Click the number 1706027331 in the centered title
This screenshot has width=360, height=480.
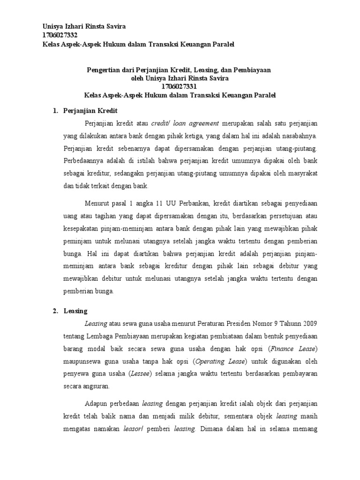180,86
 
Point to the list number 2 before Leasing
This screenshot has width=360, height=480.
54,311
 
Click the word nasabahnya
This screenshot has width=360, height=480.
298,136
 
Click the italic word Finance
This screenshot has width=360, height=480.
285,349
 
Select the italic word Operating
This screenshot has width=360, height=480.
210,361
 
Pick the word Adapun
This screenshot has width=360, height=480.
95,404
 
